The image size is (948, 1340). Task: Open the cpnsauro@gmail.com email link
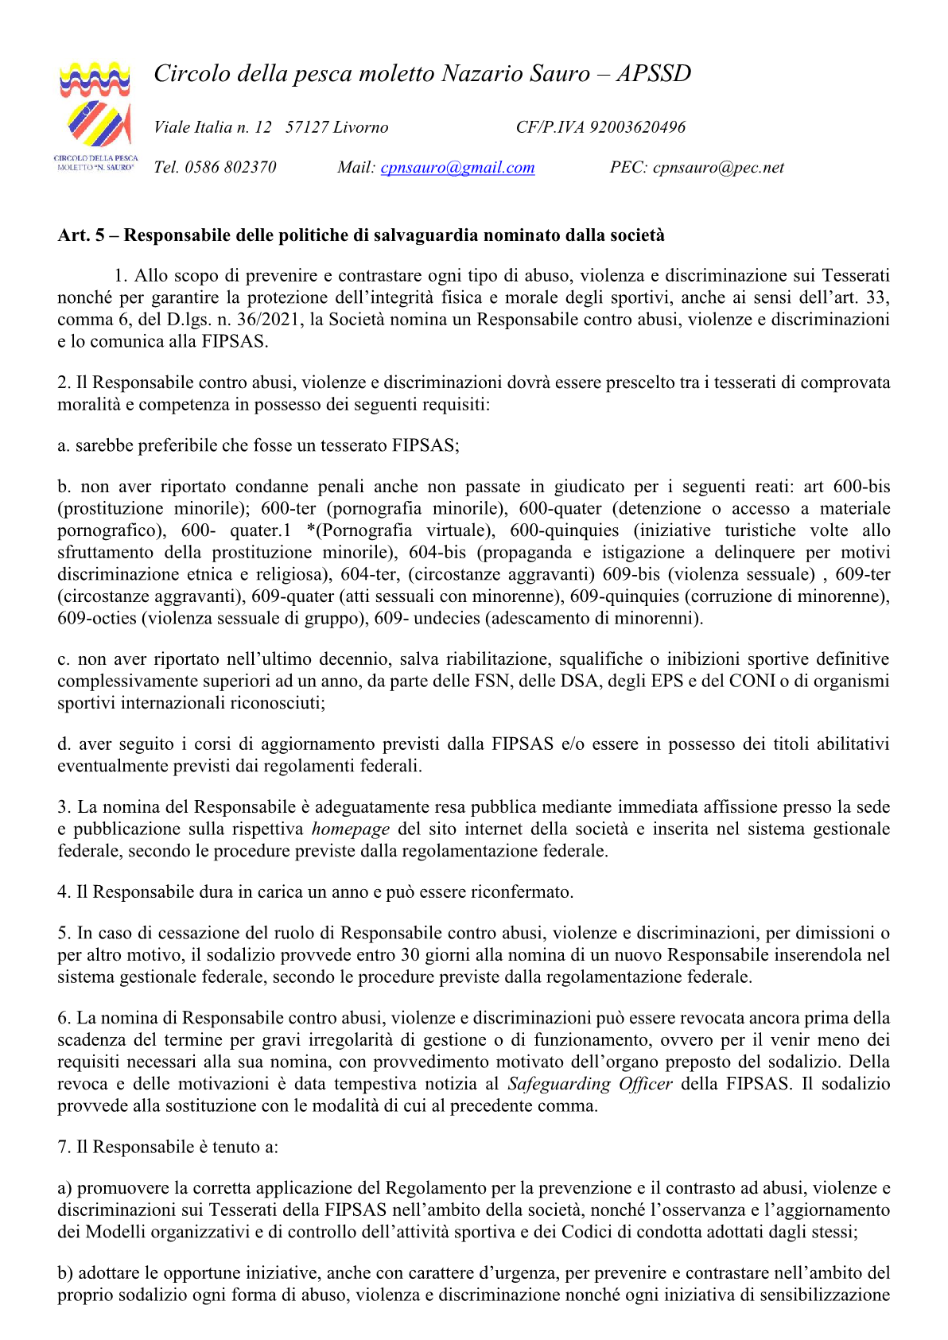[457, 168]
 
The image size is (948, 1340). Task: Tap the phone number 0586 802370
[231, 168]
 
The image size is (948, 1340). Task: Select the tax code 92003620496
[637, 127]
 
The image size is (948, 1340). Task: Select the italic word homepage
[350, 829]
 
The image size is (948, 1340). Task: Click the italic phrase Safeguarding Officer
[589, 1084]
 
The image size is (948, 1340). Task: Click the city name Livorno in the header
[361, 127]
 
